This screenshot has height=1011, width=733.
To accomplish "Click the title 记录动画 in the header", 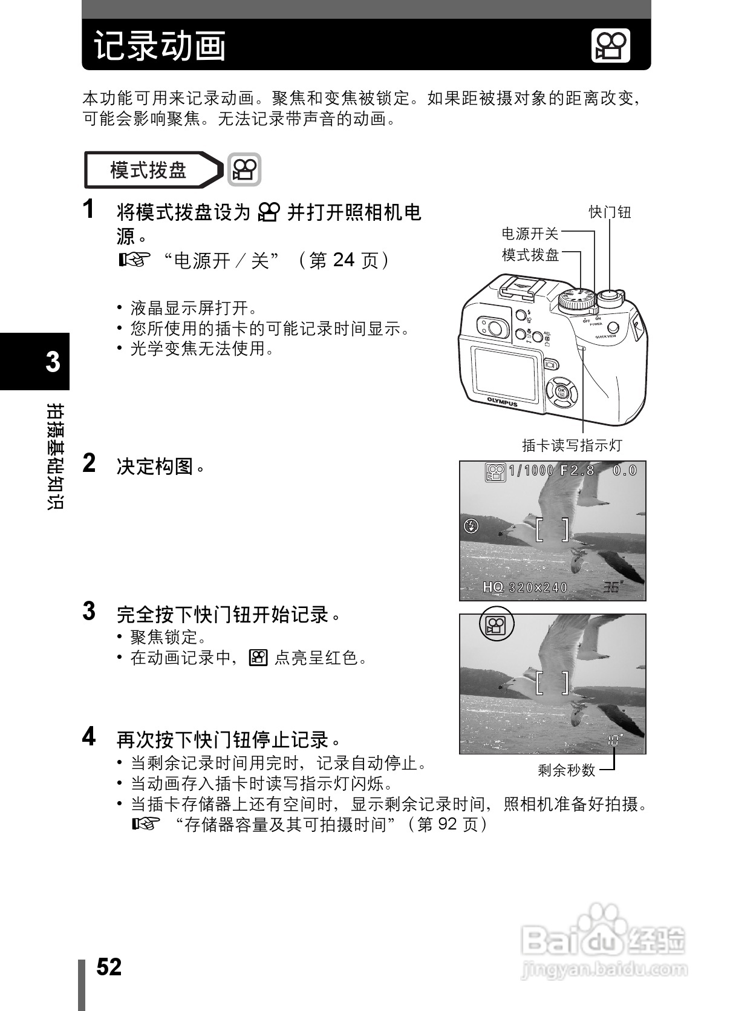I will coord(160,46).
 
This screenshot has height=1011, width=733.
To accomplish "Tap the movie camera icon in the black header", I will coord(610,46).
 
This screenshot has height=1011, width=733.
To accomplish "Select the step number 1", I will coord(89,209).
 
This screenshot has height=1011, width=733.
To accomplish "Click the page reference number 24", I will coord(343,260).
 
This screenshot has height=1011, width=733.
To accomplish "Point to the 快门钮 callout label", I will coord(610,212).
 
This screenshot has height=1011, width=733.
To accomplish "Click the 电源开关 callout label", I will coord(530,234).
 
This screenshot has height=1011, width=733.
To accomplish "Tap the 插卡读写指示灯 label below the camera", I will coord(572,445).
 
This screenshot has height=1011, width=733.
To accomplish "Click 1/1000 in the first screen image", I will coord(530,470).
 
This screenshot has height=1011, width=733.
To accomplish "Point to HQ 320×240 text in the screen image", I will coord(525,587).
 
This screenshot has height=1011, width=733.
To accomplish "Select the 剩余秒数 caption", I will coord(567,770).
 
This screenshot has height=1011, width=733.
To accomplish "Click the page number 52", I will coord(109,966).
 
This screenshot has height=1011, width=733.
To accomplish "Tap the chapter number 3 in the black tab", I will coord(53,362).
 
